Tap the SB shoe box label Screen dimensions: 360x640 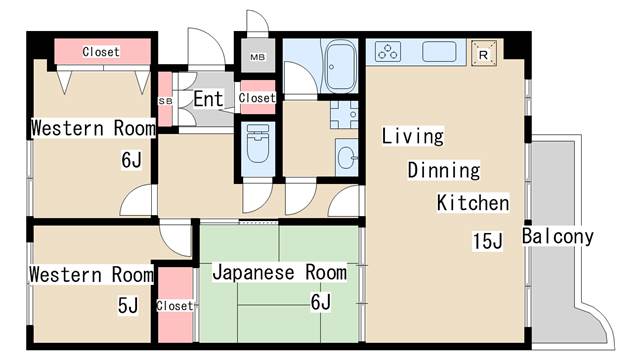pyautogui.click(x=165, y=100)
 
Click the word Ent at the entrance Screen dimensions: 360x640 pyautogui.click(x=208, y=99)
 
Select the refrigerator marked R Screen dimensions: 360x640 pyautogui.click(x=485, y=52)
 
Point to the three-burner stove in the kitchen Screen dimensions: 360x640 pyautogui.click(x=387, y=51)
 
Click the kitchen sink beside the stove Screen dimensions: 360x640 pyautogui.click(x=439, y=51)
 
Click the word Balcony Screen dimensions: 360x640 pyautogui.click(x=558, y=237)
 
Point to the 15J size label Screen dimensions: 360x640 pyautogui.click(x=487, y=241)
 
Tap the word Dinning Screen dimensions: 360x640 pyautogui.click(x=443, y=170)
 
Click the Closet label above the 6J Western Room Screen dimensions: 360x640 pyautogui.click(x=101, y=51)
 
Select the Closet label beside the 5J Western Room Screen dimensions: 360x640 pyautogui.click(x=175, y=305)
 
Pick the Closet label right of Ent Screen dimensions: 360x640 pyautogui.click(x=257, y=98)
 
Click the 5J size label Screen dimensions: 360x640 pyautogui.click(x=128, y=305)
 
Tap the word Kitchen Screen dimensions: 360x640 pyautogui.click(x=472, y=203)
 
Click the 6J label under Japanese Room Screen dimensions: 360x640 pyautogui.click(x=320, y=301)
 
